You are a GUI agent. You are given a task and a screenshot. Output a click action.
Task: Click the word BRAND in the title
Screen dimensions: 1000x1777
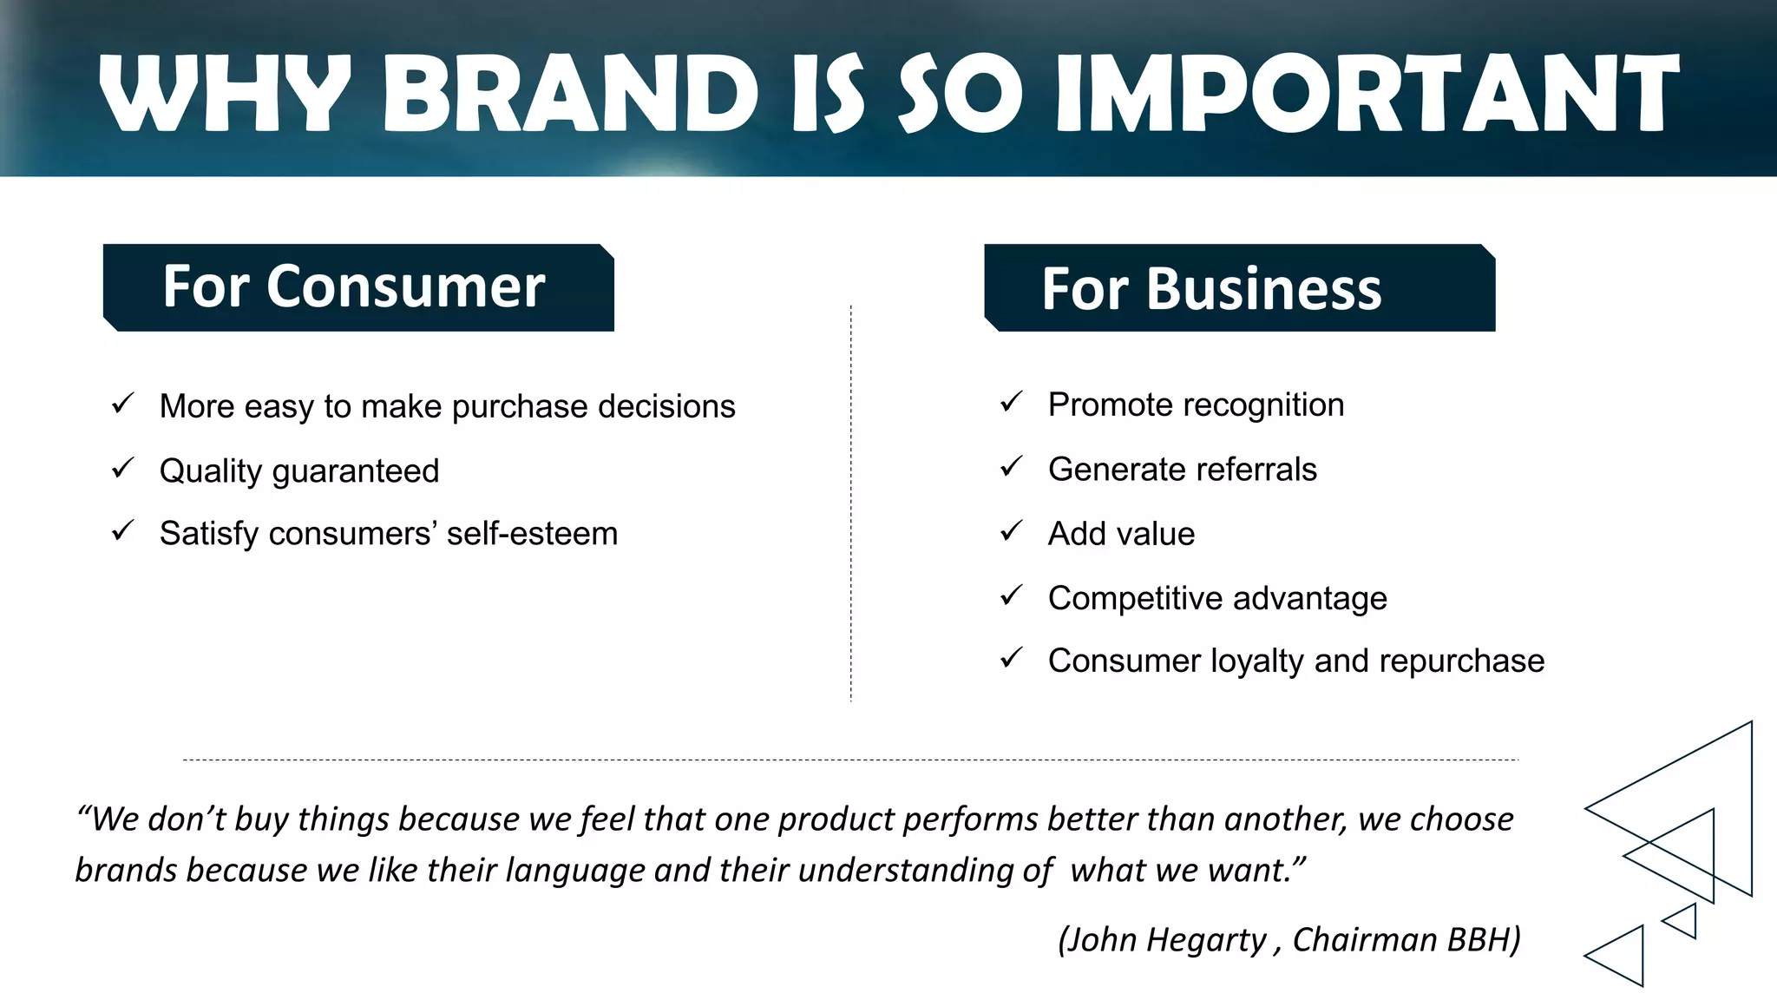(570, 94)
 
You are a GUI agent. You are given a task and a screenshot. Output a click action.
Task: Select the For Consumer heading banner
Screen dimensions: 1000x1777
(357, 287)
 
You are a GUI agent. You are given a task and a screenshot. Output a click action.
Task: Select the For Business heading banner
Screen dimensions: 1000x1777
(1239, 288)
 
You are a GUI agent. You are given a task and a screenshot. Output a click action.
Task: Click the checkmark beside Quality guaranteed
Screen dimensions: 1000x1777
(123, 469)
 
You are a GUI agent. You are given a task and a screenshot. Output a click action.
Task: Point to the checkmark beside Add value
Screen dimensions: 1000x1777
(1012, 531)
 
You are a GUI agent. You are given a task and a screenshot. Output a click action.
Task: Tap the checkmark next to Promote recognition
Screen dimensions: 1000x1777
(1012, 402)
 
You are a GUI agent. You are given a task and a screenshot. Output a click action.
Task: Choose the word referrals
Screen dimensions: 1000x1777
(1261, 470)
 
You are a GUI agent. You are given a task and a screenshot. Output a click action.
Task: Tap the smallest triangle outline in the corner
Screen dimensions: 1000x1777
(1683, 921)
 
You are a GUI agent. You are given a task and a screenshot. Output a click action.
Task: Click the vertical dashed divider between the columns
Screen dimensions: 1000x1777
(851, 503)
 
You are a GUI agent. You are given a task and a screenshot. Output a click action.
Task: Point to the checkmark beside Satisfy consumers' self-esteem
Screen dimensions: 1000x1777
(123, 531)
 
